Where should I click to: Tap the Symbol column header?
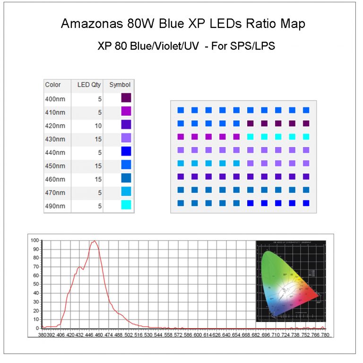coord(120,85)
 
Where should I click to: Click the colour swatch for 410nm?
coord(126,112)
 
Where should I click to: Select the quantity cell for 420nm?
coord(96,125)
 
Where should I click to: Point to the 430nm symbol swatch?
coord(126,138)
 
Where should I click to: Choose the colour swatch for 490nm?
coord(126,206)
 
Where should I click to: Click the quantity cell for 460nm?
coord(96,179)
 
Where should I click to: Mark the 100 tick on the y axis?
coord(34,240)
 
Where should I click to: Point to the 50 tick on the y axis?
coord(35,284)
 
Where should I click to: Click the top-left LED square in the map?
coord(180,110)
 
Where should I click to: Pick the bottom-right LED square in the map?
coord(306,203)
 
